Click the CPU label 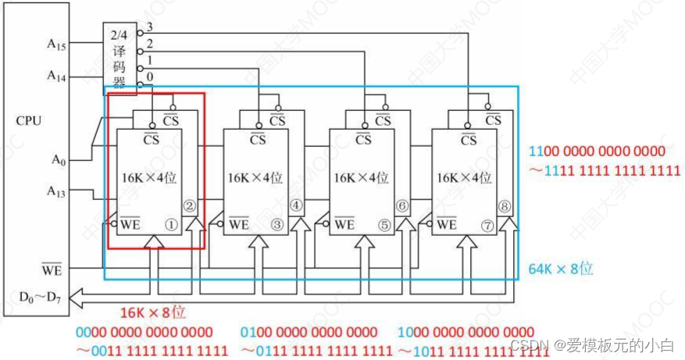click(28, 121)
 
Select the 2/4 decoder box click(120, 56)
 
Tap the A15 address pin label click(57, 44)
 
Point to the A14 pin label click(57, 76)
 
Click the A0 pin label click(59, 160)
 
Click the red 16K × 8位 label click(153, 312)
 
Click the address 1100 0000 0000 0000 click(598, 151)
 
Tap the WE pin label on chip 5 click(344, 225)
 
